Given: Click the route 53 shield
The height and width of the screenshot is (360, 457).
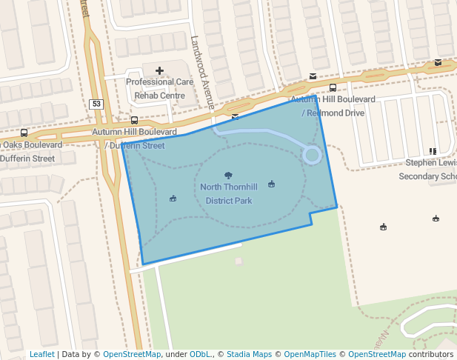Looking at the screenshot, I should [x=96, y=104].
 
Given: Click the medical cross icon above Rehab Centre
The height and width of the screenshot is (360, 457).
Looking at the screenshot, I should [x=159, y=71].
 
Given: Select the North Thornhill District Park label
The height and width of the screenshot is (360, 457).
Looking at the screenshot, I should [x=229, y=193].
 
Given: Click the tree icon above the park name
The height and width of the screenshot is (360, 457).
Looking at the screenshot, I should [x=228, y=176].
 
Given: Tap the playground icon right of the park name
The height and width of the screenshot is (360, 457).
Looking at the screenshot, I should [x=271, y=184].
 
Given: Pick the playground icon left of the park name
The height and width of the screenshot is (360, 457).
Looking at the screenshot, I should [x=173, y=198].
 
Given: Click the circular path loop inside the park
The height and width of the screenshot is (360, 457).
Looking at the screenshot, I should [x=312, y=155].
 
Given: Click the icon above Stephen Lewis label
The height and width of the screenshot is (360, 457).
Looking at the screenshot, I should [x=433, y=151].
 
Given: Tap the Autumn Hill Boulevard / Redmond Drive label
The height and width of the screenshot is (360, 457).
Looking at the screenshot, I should [x=333, y=106].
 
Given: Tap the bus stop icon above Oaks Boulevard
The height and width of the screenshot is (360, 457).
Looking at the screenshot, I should [x=24, y=133].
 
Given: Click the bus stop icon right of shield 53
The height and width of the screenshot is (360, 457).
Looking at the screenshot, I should [x=134, y=120].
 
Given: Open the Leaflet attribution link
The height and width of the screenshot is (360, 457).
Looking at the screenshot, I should [x=42, y=354].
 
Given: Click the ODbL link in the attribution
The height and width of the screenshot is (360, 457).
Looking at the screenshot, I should [x=201, y=354].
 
